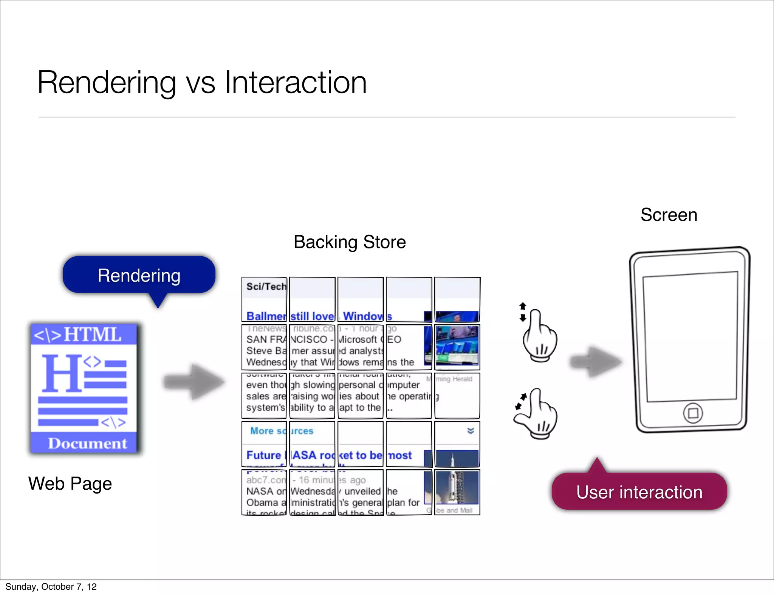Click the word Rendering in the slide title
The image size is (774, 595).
pyautogui.click(x=107, y=83)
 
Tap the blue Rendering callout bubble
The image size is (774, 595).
pyautogui.click(x=139, y=275)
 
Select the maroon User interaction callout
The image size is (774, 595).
pyautogui.click(x=639, y=492)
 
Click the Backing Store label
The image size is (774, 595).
pyautogui.click(x=350, y=242)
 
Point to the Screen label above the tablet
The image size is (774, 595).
pyautogui.click(x=669, y=215)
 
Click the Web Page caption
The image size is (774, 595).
pyautogui.click(x=70, y=484)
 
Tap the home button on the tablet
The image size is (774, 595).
pyautogui.click(x=693, y=413)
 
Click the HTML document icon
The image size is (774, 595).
pyautogui.click(x=84, y=388)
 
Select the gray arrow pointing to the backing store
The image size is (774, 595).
pyautogui.click(x=194, y=382)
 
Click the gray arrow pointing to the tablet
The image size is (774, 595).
pyautogui.click(x=596, y=362)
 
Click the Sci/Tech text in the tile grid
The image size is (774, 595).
pyautogui.click(x=266, y=287)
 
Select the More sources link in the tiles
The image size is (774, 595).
pyautogui.click(x=282, y=431)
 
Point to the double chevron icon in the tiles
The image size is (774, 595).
pyautogui.click(x=471, y=431)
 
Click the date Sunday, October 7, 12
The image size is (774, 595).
pyautogui.click(x=51, y=587)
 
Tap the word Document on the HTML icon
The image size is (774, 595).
pyautogui.click(x=87, y=443)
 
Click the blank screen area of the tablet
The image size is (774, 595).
pyautogui.click(x=690, y=337)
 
